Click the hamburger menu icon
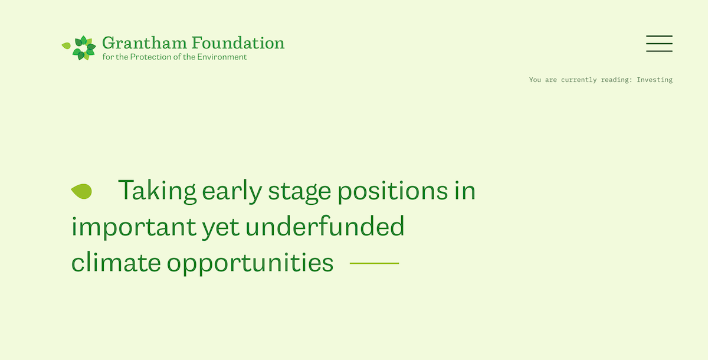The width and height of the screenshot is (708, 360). click(x=659, y=44)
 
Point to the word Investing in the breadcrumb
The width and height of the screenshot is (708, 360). click(x=654, y=80)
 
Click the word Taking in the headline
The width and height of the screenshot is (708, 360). click(x=157, y=191)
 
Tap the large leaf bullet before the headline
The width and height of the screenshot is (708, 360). click(x=81, y=191)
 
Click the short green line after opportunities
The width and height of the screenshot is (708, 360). click(x=374, y=263)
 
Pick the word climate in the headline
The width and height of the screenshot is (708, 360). click(x=116, y=263)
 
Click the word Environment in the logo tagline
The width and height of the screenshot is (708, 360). click(x=222, y=57)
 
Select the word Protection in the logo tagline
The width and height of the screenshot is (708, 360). click(x=151, y=57)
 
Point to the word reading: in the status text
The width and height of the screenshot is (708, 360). click(x=617, y=80)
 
